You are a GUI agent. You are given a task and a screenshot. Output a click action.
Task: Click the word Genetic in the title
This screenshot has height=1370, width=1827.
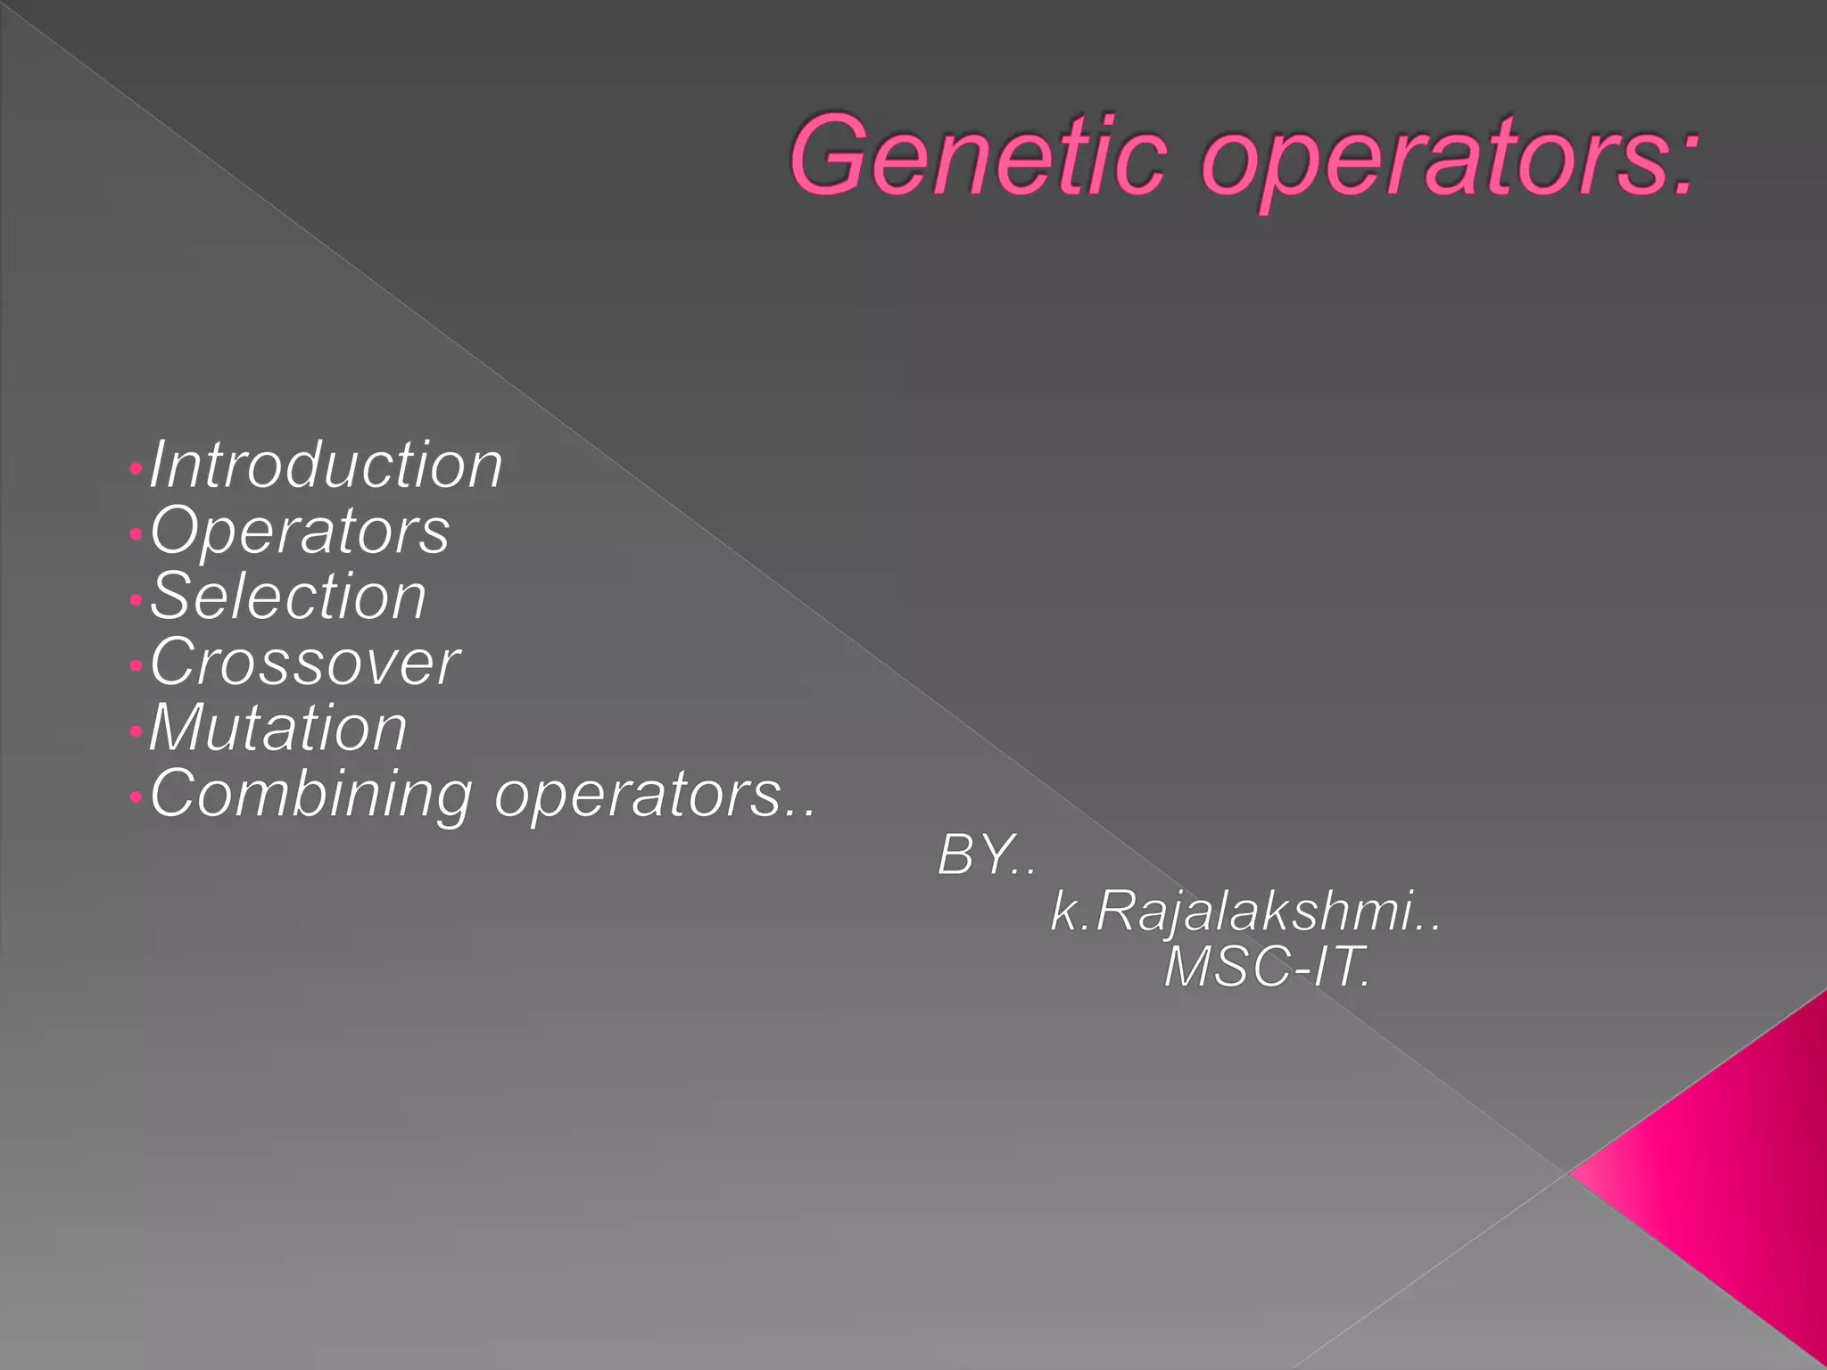point(978,155)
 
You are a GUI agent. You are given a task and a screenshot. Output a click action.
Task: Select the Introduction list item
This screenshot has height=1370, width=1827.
point(326,465)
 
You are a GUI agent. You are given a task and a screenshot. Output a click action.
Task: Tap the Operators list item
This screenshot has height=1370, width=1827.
point(300,531)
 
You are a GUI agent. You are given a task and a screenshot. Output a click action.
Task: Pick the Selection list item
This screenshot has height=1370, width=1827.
point(288,596)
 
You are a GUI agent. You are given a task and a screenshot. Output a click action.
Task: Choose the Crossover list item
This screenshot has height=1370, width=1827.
point(305,662)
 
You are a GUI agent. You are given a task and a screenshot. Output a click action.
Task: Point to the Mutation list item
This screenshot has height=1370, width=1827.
point(278,728)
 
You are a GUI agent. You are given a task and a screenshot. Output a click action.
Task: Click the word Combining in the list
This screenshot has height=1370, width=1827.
point(310,794)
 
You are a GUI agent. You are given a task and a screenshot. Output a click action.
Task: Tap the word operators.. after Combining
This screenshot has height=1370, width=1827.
point(655,794)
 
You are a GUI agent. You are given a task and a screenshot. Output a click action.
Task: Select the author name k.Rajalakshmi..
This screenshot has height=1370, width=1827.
point(1244,912)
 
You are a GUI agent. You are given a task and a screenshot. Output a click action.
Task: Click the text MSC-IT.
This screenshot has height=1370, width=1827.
point(1267,967)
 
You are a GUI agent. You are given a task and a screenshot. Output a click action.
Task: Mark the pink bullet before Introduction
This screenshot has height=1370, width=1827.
point(135,468)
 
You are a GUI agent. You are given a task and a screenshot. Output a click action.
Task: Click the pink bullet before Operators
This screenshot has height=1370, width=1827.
point(135,535)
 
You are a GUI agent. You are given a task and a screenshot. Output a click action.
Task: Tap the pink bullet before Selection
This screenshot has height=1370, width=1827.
point(135,600)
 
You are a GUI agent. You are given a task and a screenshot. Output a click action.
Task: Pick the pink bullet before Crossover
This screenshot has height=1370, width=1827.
point(135,666)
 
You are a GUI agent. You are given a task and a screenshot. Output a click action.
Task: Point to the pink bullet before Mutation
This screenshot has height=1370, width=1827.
point(135,732)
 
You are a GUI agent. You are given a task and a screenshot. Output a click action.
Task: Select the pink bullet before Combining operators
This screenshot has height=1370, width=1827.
point(135,797)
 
